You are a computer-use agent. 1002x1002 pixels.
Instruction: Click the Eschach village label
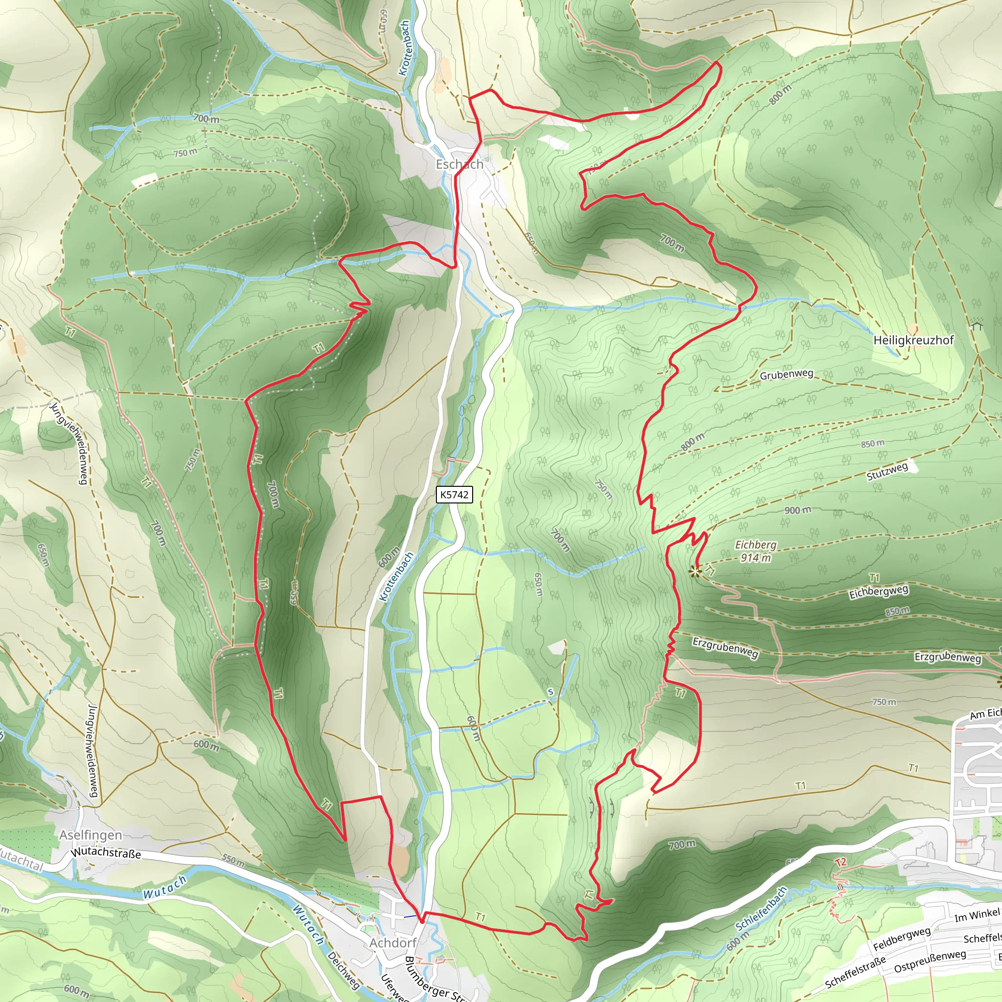tap(459, 164)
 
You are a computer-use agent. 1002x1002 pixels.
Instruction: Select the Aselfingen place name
tap(91, 835)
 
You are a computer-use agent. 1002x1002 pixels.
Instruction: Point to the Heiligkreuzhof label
tap(913, 340)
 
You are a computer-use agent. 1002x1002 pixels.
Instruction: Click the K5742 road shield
tap(454, 494)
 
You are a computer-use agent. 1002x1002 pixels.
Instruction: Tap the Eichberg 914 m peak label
tap(755, 551)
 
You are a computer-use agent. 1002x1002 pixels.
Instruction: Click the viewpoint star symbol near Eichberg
tap(694, 572)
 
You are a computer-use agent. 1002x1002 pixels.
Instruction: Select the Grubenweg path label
tap(786, 374)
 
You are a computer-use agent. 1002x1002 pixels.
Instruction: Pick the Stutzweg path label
tap(888, 471)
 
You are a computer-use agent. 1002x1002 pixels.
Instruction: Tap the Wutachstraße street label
tap(106, 853)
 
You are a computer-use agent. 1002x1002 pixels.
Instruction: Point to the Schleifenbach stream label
tap(761, 908)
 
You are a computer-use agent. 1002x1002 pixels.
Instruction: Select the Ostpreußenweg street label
tap(930, 961)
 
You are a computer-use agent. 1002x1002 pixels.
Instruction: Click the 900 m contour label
tap(797, 510)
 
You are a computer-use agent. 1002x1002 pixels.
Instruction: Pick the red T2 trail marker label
tap(841, 862)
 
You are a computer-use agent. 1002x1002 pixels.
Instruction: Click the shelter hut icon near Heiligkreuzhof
tap(978, 325)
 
